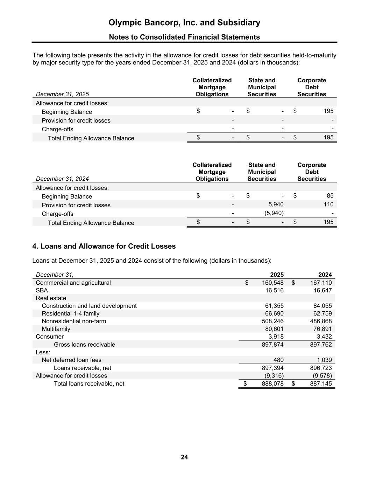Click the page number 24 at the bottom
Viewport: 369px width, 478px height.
tap(184, 457)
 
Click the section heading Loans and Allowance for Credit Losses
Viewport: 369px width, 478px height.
tap(104, 246)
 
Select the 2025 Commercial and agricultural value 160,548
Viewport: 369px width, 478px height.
tap(272, 283)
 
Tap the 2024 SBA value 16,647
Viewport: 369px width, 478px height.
tap(321, 290)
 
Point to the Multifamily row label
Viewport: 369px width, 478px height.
tap(56, 329)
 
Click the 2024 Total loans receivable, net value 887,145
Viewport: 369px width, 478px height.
tap(321, 383)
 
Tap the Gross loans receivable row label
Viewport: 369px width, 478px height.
tap(84, 345)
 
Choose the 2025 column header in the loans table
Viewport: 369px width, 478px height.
tap(277, 275)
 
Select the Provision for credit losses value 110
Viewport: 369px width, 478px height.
tap(328, 204)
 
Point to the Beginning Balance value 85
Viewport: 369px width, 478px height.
tap(330, 196)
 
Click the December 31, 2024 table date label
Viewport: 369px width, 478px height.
tap(62, 179)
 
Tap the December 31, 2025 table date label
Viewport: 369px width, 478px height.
tap(62, 94)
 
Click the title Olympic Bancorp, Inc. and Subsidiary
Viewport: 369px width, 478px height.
tap(184, 23)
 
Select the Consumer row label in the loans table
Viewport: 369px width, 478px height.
tap(50, 337)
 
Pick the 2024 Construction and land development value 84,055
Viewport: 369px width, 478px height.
tap(322, 306)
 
